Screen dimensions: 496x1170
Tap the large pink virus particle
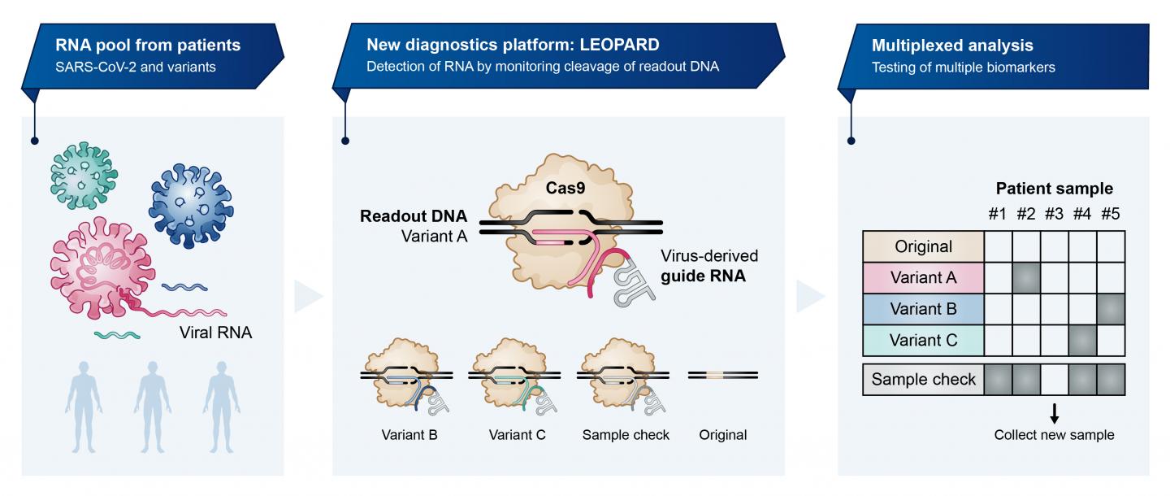point(95,263)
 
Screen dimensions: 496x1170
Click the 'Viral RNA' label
point(217,332)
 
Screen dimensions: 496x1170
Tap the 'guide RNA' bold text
point(714,276)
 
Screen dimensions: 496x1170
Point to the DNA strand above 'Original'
point(723,375)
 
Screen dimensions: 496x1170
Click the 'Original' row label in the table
point(923,246)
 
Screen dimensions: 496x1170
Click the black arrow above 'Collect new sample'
point(1055,415)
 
